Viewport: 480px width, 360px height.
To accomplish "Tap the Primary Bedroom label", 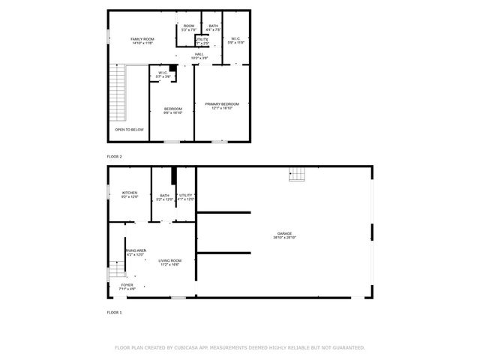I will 222,106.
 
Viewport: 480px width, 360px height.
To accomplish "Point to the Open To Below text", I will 129,130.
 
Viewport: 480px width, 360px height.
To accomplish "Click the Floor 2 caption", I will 114,156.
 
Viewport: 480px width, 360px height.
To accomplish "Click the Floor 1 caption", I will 114,312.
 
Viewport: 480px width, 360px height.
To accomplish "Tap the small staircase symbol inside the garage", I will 298,174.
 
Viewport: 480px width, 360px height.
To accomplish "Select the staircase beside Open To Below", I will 118,93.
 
